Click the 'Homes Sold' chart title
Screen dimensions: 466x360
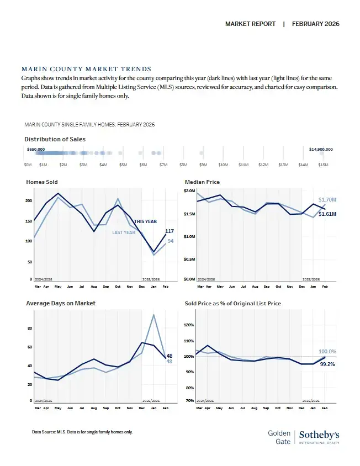[x=42, y=182]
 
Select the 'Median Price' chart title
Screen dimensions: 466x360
[x=202, y=182]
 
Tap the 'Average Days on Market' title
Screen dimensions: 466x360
[x=61, y=303]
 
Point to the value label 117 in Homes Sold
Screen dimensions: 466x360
[x=170, y=231]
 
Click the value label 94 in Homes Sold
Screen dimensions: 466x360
[x=171, y=241]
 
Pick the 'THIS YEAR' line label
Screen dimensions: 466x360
[x=146, y=221]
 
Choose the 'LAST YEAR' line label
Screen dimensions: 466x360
[x=124, y=232]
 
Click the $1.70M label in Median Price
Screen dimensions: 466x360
[x=327, y=200]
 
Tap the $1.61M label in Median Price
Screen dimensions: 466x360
[x=327, y=214]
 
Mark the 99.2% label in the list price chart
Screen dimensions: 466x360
[x=327, y=364]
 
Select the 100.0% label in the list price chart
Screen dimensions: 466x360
[x=327, y=352]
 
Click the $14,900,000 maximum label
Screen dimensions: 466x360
[x=321, y=149]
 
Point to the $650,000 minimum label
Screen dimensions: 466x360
[x=36, y=149]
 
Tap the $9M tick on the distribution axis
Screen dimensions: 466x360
[x=203, y=165]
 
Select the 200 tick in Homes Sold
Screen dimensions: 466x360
[x=29, y=201]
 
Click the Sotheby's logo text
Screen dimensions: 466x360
[x=319, y=435]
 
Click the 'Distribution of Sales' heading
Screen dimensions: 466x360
[x=55, y=139]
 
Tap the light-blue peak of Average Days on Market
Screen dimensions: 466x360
[x=153, y=315]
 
